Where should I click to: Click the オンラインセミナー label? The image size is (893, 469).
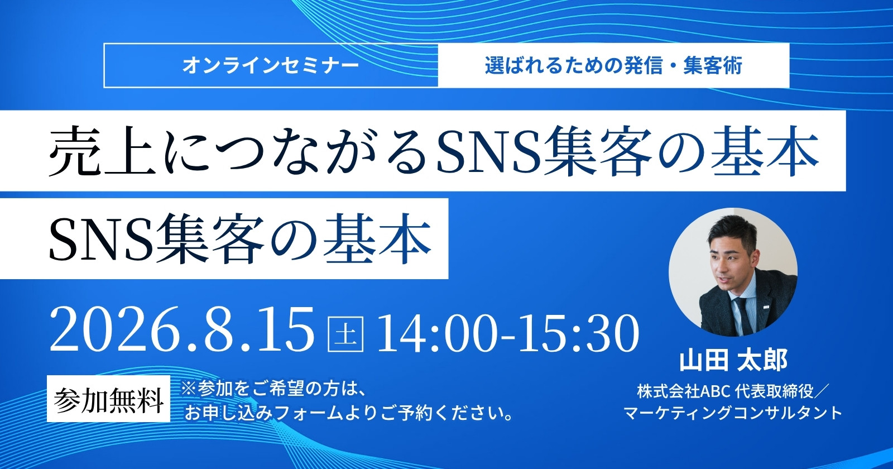click(271, 66)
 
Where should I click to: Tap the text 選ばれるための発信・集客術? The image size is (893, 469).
click(613, 66)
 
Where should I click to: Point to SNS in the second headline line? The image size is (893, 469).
click(100, 240)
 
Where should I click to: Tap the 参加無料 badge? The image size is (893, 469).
click(108, 399)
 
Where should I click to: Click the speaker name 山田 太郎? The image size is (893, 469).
click(733, 361)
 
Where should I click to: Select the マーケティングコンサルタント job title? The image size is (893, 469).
click(733, 413)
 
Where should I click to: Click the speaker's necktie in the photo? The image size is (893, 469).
click(742, 314)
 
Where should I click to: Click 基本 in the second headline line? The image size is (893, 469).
click(377, 240)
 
